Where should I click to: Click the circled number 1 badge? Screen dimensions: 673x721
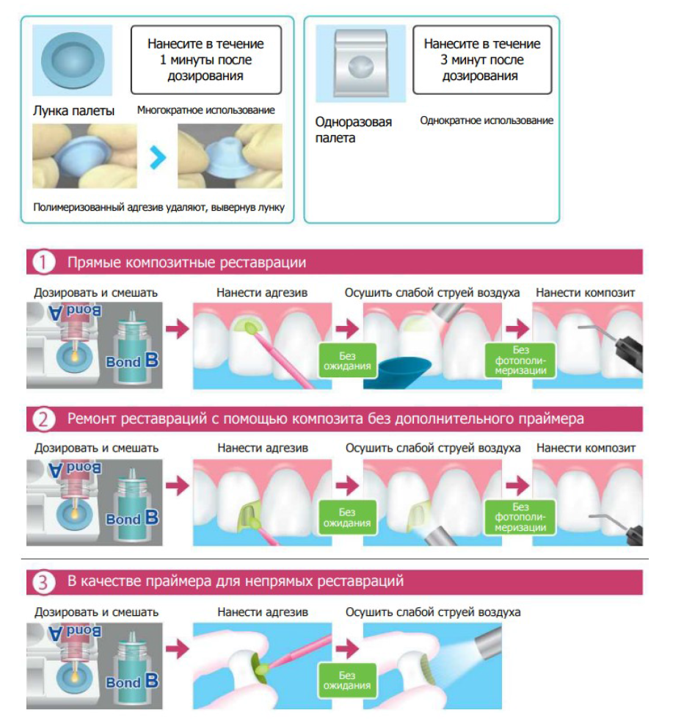(43, 263)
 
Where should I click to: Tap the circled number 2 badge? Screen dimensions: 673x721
(43, 419)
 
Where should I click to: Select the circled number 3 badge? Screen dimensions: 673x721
(43, 582)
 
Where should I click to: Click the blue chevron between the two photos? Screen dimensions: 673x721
(158, 158)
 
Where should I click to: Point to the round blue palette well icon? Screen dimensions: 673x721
(72, 60)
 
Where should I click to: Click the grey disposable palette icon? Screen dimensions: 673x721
(361, 63)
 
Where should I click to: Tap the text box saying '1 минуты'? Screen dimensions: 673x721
(206, 59)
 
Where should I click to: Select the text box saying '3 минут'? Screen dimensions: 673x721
(482, 59)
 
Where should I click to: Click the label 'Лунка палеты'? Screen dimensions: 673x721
(73, 111)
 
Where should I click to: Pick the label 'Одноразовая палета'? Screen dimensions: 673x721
(353, 130)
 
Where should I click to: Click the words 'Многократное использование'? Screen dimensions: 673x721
(206, 110)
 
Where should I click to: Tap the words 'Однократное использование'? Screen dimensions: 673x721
(487, 120)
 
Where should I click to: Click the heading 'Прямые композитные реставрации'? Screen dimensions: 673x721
(186, 263)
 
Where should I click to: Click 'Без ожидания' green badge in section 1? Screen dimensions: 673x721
(348, 361)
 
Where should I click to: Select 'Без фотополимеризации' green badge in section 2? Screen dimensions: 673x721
(520, 518)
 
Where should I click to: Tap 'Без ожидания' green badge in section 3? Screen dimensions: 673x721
(348, 681)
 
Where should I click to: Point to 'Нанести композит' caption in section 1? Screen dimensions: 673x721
(585, 292)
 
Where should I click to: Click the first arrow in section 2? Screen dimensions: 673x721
(178, 485)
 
